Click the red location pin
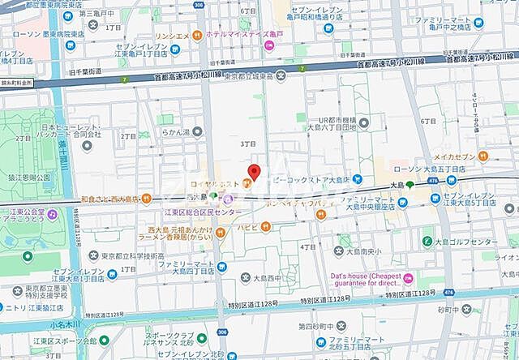(x=253, y=173)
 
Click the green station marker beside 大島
(x=410, y=185)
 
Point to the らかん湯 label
(x=175, y=131)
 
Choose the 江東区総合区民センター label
(x=204, y=212)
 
